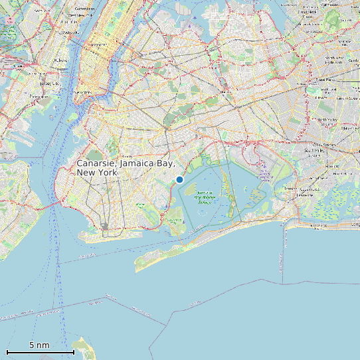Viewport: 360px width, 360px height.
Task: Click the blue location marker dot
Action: point(179,179)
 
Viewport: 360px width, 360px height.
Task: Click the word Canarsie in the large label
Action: point(97,163)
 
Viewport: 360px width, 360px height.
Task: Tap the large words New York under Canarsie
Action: point(97,173)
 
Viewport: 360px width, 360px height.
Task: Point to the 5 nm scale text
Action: point(39,345)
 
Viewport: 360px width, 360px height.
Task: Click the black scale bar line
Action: point(40,352)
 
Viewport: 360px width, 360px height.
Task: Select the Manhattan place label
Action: point(84,92)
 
